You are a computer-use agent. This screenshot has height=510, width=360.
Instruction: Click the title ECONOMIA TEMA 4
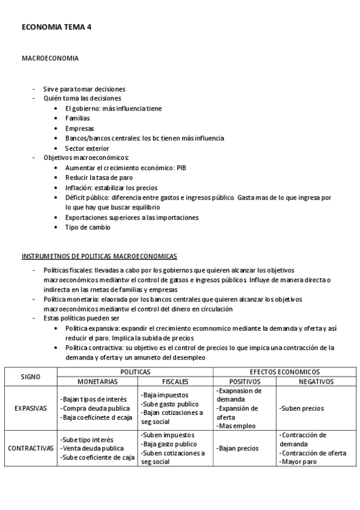tap(56, 27)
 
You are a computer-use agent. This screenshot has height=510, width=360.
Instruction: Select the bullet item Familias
tap(78, 118)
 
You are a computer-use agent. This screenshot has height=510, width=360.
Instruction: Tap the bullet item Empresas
tap(78, 128)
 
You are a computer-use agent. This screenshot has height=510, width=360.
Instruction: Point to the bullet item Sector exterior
tap(87, 148)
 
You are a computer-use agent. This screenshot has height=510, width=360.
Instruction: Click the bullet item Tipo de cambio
tap(88, 227)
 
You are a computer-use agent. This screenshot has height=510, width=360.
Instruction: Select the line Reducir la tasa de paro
tap(99, 177)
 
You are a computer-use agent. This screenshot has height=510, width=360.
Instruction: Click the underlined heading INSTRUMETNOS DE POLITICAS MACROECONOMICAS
tap(99, 256)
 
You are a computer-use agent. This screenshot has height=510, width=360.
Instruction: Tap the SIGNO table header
tap(30, 376)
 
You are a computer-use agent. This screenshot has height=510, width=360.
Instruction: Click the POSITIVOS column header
tap(244, 381)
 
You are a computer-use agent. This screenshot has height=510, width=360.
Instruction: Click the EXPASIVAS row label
tap(31, 408)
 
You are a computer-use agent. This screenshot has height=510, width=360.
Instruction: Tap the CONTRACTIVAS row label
tap(31, 448)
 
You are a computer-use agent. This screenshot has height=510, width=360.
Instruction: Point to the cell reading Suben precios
tap(302, 408)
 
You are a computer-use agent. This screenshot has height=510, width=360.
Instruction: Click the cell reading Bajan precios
tap(239, 448)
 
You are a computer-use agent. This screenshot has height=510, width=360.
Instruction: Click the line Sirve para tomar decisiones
tap(84, 89)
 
